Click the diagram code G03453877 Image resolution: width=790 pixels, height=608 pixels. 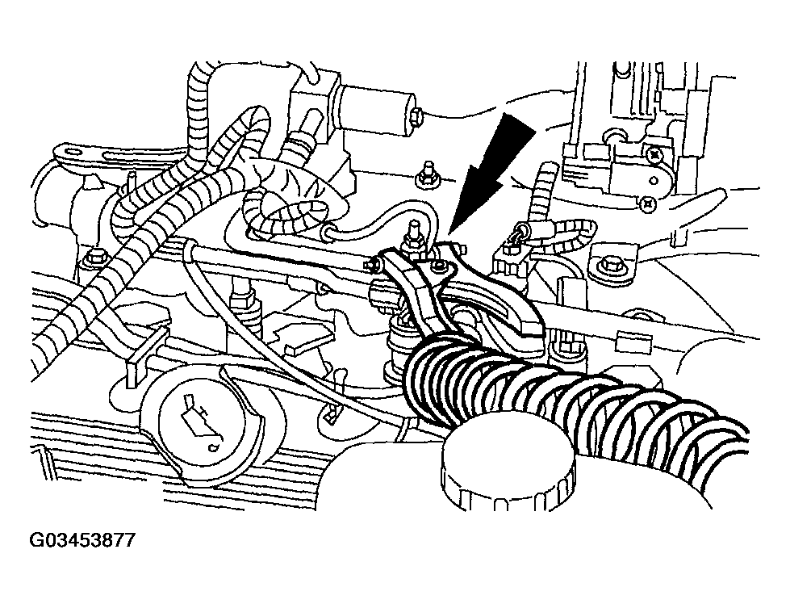83,540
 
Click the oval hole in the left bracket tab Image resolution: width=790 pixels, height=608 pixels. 74,151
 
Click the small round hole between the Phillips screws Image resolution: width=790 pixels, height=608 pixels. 654,180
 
